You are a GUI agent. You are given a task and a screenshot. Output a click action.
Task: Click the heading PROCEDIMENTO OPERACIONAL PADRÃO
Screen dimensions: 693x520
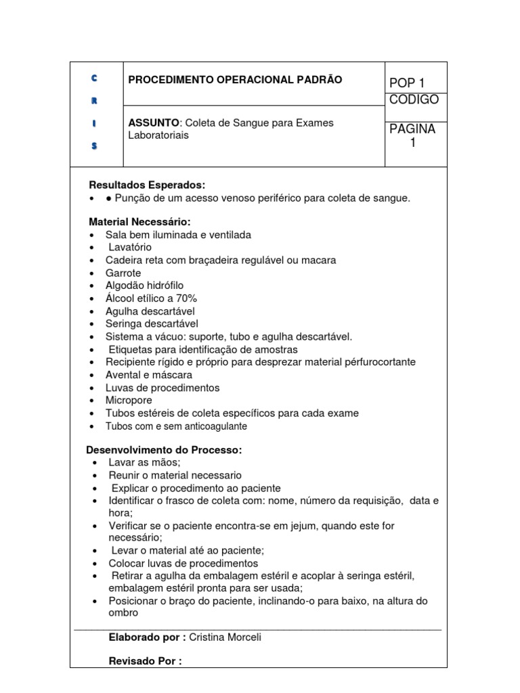235,80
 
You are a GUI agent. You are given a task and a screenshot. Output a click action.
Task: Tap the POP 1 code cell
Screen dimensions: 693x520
408,83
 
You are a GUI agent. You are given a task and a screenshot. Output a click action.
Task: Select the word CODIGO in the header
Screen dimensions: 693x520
414,100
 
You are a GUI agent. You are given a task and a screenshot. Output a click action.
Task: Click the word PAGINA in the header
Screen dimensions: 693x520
412,129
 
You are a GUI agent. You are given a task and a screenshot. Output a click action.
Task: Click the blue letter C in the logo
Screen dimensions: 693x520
94,79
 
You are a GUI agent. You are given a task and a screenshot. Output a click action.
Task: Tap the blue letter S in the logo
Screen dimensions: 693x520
94,146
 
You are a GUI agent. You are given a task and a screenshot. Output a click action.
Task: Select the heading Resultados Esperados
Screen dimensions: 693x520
147,185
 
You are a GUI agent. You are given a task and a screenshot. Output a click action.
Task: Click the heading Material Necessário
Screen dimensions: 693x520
140,222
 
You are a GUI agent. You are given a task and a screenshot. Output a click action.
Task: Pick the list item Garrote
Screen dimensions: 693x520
123,273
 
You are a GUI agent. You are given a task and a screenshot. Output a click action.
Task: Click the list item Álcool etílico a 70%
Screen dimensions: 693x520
151,298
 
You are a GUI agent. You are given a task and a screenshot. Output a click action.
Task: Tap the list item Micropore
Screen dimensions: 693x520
128,401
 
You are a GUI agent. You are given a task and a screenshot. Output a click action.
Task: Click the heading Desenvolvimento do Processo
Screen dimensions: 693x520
164,450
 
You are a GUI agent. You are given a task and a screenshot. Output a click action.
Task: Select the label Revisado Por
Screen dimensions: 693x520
145,661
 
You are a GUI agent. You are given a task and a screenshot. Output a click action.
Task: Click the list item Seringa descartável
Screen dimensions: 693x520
152,324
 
